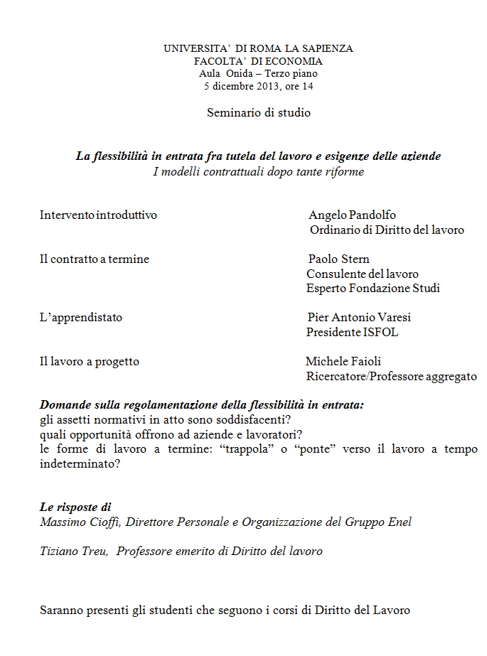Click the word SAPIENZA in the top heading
pos(323,49)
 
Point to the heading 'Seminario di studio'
pos(259,112)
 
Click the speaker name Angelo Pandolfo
pos(352,215)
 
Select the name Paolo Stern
pos(338,259)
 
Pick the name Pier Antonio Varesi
pos(359,317)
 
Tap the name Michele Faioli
pos(343,361)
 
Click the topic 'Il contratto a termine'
pos(94,259)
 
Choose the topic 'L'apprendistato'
pos(80,317)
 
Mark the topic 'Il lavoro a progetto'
pos(89,361)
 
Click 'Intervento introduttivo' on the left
pos(98,215)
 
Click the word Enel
pos(400,522)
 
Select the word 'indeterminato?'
pos(80,463)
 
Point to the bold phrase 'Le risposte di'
pos(75,507)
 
